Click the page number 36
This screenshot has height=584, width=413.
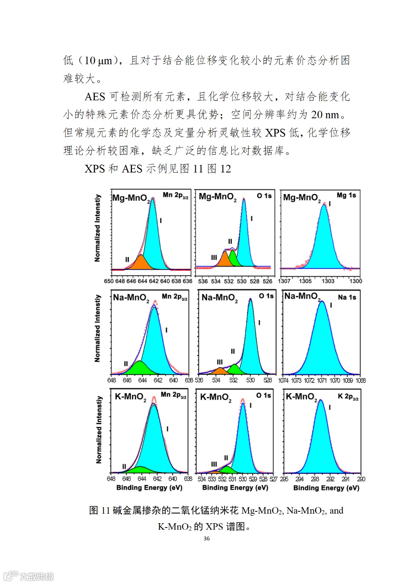tap(206, 538)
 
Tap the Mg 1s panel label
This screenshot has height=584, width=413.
tap(346, 195)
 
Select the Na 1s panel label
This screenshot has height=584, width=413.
tap(347, 297)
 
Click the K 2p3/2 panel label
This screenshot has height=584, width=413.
tap(348, 397)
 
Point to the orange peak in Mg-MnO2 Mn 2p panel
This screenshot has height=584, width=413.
tap(140, 263)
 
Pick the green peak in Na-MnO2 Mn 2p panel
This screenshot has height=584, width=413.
tap(140, 368)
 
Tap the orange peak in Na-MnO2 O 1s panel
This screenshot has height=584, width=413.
tap(221, 371)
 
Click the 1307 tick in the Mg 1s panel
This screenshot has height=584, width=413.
tap(284, 281)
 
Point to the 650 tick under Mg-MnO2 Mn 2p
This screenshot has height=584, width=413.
tap(109, 281)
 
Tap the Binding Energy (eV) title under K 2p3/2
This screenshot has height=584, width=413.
tap(326, 488)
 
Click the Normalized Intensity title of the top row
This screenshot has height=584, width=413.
tap(98, 228)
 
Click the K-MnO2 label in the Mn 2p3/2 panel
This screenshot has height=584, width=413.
tap(130, 397)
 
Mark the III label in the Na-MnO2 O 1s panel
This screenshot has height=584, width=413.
tap(220, 362)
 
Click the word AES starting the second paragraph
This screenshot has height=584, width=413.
tap(95, 97)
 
